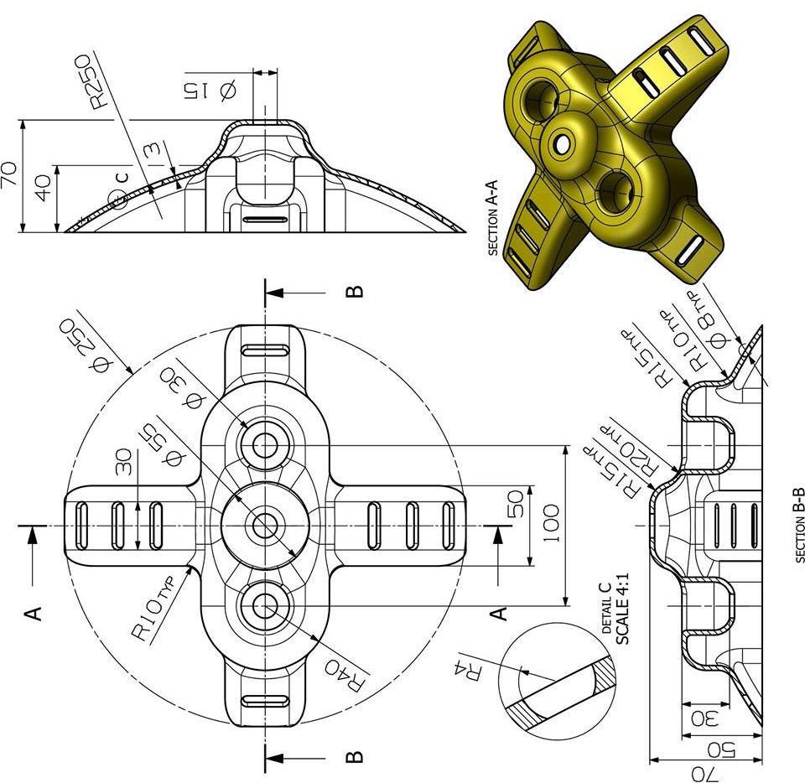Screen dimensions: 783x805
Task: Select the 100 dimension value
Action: click(550, 524)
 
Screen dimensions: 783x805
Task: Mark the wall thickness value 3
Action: click(151, 151)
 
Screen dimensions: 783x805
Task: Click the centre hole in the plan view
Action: click(266, 526)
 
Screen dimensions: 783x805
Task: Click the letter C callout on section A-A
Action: click(122, 178)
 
